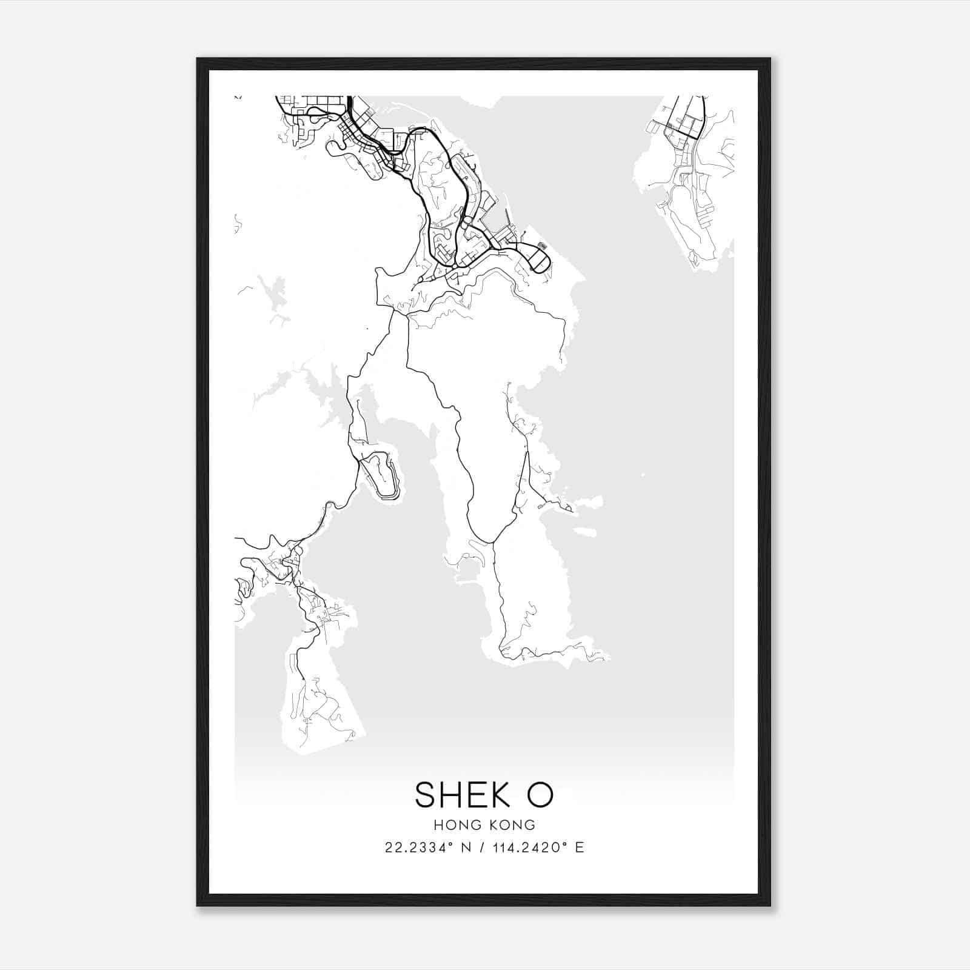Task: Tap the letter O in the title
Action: click(540, 795)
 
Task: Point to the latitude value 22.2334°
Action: click(418, 848)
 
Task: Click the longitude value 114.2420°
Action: click(529, 848)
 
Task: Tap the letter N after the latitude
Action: click(466, 848)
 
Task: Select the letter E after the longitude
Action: click(580, 848)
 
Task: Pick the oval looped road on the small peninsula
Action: click(380, 476)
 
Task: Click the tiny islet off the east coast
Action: click(584, 532)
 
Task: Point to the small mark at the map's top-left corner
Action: click(238, 97)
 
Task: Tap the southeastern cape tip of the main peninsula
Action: click(606, 657)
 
